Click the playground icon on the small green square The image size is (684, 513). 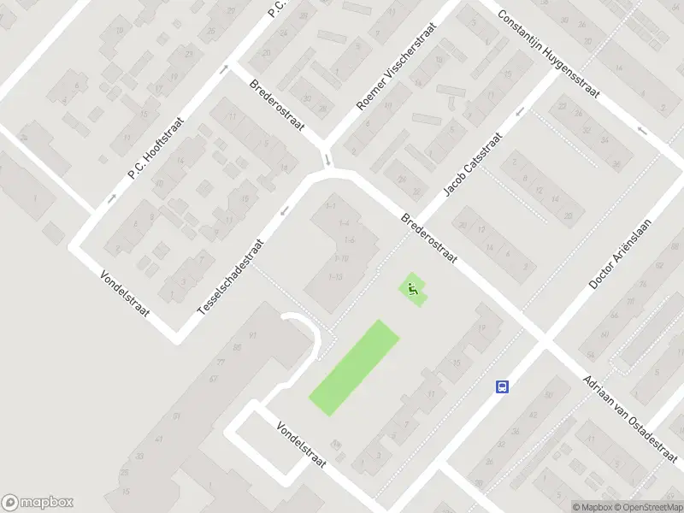pyautogui.click(x=413, y=290)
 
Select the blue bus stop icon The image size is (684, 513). pyautogui.click(x=503, y=386)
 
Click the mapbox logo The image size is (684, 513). pyautogui.click(x=38, y=503)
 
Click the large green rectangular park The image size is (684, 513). pyautogui.click(x=354, y=368)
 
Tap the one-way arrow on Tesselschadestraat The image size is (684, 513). pyautogui.click(x=285, y=210)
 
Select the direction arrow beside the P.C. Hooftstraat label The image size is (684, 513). pyautogui.click(x=111, y=198)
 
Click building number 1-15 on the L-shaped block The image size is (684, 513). pyautogui.click(x=335, y=276)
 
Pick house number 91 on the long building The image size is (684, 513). pyautogui.click(x=251, y=334)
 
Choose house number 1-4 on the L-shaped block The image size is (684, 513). pyautogui.click(x=344, y=223)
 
